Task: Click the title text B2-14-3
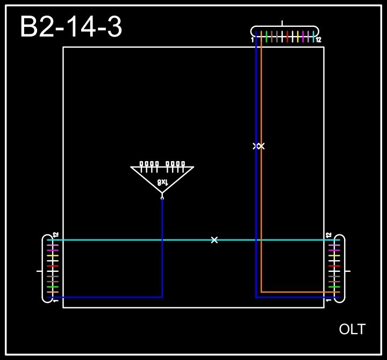71,27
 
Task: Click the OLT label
352,329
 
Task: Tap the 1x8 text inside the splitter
162,183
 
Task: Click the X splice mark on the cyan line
214,240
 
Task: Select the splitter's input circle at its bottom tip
162,198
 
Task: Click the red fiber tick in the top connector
288,37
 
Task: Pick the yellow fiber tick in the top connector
298,37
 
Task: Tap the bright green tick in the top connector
267,37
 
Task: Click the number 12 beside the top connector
318,40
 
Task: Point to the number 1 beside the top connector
252,40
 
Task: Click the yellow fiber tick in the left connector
52,256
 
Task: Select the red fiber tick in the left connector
52,266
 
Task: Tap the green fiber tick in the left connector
52,287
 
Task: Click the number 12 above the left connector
55,235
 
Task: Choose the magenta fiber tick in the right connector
334,250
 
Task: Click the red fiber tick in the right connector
334,266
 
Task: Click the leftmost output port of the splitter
141,163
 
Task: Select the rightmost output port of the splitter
183,163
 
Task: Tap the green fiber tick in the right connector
334,287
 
